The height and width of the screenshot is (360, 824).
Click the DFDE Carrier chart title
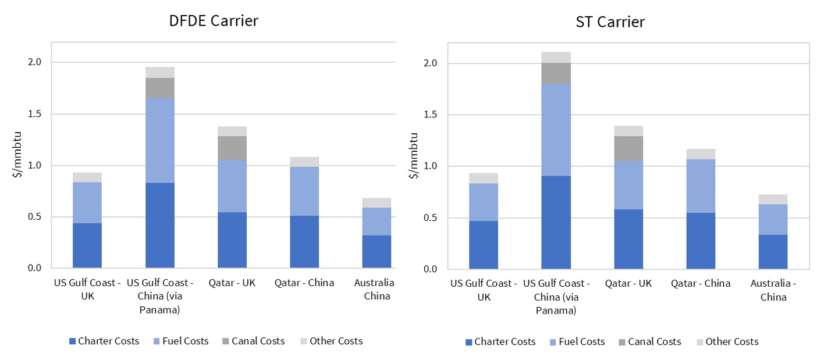pos(214,21)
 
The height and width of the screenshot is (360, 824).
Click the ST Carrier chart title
pos(610,22)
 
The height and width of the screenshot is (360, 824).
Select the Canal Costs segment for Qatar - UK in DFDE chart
pos(232,148)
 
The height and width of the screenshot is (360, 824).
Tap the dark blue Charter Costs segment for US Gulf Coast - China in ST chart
pos(556,222)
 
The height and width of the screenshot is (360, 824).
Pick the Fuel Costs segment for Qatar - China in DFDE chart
pos(304,191)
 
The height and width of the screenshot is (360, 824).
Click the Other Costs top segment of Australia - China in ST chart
pos(773,199)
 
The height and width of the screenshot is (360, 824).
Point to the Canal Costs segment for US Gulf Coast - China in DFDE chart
pos(159,88)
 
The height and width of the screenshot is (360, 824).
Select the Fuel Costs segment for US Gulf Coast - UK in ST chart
pos(484,202)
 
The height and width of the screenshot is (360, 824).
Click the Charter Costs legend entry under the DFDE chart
pos(104,341)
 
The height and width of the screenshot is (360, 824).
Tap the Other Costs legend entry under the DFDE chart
pos(330,341)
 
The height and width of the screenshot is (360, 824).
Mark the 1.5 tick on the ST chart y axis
pos(430,115)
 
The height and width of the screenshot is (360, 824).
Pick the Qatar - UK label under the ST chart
pos(628,284)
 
